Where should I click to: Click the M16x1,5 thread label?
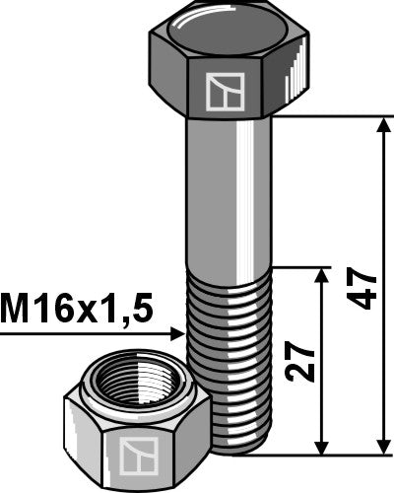(77, 311)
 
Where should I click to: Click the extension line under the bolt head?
(335, 117)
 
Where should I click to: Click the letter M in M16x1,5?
(14, 311)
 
